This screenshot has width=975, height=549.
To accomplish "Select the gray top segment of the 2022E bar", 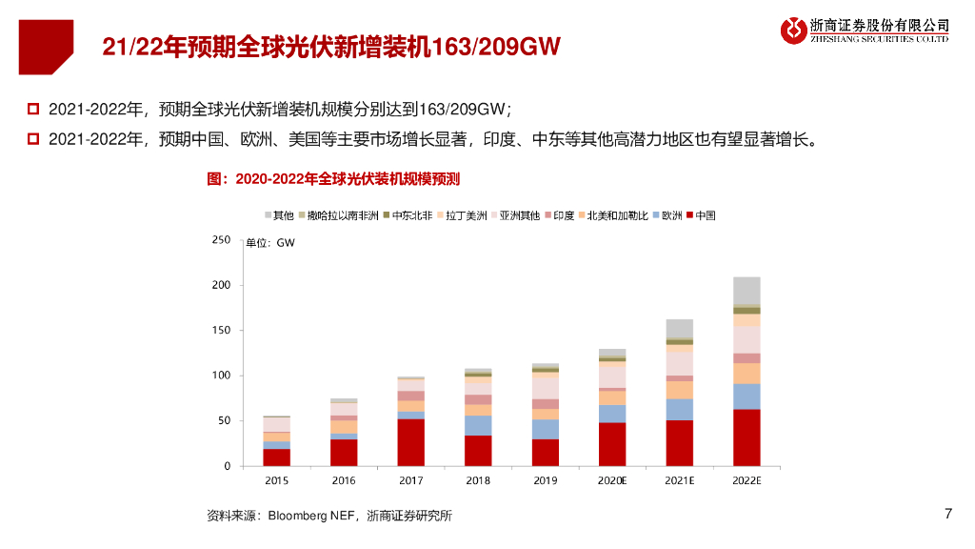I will pyautogui.click(x=746, y=290).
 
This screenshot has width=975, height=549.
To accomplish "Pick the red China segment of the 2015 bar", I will pyautogui.click(x=277, y=457).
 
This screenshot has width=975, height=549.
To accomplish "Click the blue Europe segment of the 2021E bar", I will pyautogui.click(x=679, y=409).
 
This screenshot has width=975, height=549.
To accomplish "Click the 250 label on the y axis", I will pyautogui.click(x=220, y=240).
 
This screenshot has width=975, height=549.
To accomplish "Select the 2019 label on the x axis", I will pyautogui.click(x=545, y=481).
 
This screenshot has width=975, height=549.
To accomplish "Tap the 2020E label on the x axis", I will pyautogui.click(x=612, y=481).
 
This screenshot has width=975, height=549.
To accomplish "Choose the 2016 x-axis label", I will pyautogui.click(x=344, y=481).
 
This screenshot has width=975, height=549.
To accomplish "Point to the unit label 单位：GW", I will pyautogui.click(x=270, y=243).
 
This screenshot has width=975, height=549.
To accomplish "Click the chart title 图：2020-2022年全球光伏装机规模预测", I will pyautogui.click(x=333, y=178).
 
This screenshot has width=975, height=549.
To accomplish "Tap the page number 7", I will pyautogui.click(x=947, y=515).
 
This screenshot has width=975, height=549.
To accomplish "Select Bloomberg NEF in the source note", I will pyautogui.click(x=310, y=517).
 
